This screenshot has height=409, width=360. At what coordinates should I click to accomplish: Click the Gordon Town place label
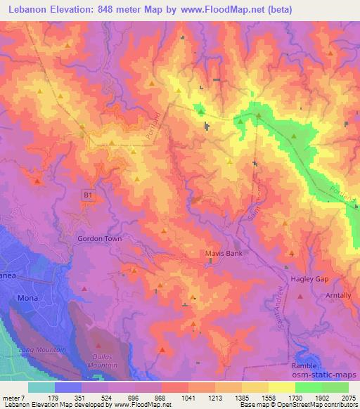pos(99,239)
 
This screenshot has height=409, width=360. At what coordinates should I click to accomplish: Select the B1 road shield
pos(87,197)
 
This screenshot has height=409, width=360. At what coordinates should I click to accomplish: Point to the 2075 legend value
pos(347,398)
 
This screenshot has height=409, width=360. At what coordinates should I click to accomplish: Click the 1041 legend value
pos(188,398)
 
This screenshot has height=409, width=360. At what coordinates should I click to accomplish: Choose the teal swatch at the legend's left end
pos(41,387)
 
